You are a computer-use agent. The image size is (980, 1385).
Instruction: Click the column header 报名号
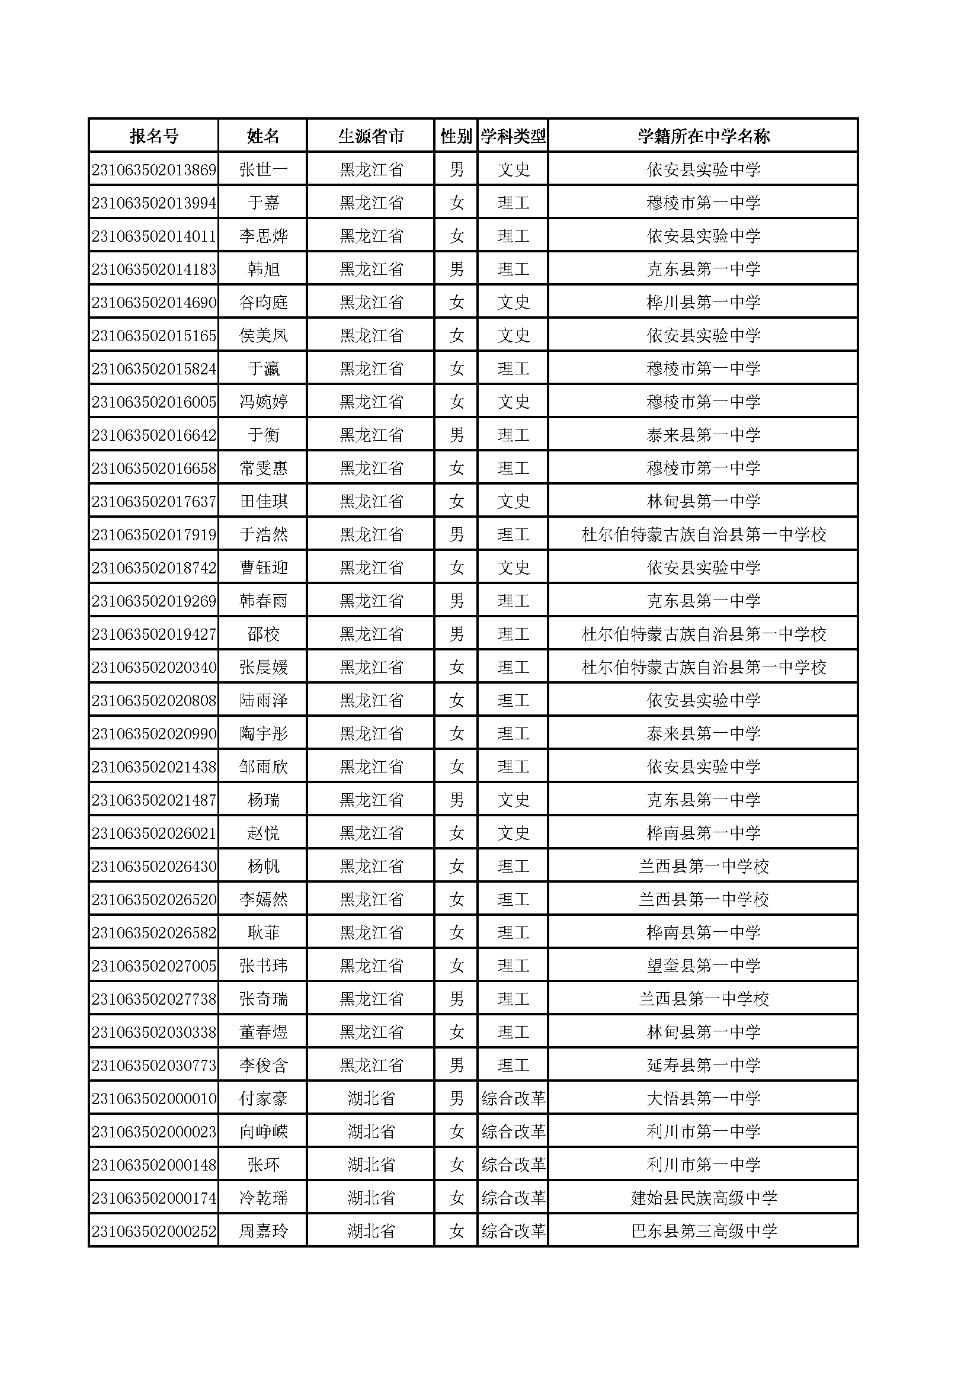[154, 136]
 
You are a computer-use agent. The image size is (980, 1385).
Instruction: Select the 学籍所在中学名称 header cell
[703, 136]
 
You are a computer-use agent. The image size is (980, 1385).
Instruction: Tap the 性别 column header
[456, 136]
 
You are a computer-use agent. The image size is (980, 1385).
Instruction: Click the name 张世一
[263, 169]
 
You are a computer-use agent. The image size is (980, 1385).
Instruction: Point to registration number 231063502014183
[154, 269]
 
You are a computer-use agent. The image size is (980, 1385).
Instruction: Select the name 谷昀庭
[263, 302]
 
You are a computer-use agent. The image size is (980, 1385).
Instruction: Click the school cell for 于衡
[703, 435]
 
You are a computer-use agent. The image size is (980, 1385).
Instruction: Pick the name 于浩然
[263, 534]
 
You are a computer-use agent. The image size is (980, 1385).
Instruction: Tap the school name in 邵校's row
[703, 634]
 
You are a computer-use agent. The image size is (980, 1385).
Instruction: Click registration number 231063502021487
[154, 800]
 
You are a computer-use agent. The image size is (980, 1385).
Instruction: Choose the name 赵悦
[263, 833]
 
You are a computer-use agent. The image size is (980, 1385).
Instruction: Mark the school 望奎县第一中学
[703, 966]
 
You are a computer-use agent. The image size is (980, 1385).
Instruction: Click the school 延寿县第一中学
[703, 1065]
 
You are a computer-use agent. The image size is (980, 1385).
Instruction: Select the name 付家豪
[263, 1098]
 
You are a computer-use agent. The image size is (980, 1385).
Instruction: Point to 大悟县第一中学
[703, 1098]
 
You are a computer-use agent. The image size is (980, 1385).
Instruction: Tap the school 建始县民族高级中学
[703, 1198]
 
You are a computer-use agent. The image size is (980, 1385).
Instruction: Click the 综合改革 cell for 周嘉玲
[514, 1231]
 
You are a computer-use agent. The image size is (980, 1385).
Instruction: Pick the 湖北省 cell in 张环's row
[371, 1165]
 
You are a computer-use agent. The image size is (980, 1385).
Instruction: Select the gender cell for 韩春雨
[456, 601]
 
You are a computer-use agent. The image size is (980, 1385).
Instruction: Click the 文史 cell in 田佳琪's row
[514, 501]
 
